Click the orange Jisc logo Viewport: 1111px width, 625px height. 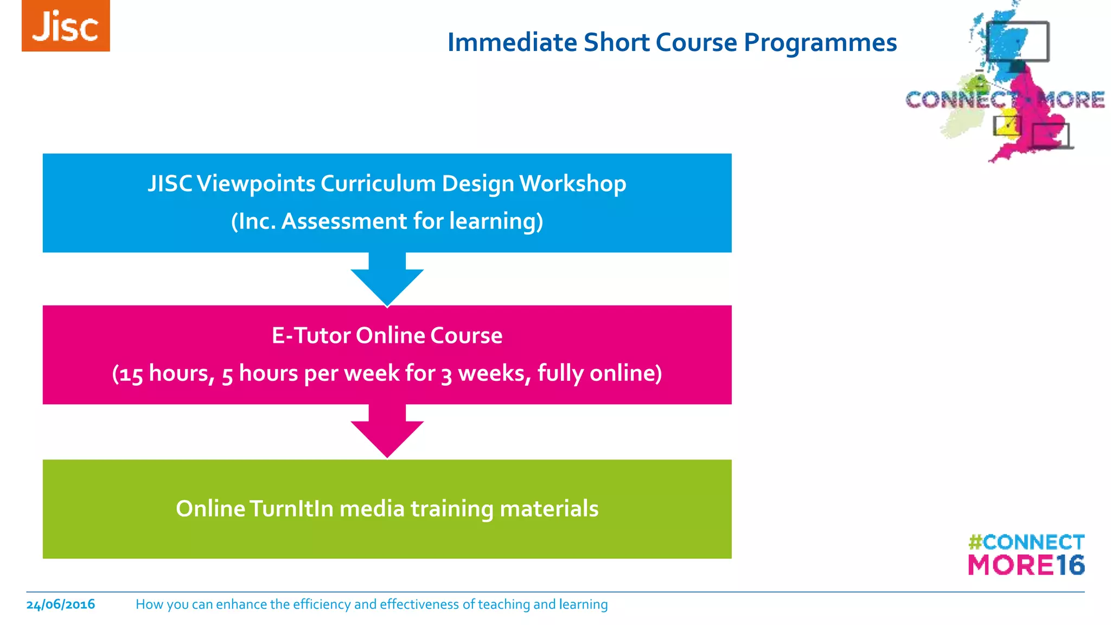pos(66,26)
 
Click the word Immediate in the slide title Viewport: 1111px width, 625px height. pos(512,43)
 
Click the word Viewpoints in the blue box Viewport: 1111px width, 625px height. pos(256,184)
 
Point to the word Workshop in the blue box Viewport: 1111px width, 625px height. pos(572,184)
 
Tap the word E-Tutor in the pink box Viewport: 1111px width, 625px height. pos(311,336)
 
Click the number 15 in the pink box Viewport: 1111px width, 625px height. pos(131,374)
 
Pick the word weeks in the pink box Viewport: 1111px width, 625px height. pos(491,373)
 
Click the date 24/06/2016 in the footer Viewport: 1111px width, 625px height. pos(61,604)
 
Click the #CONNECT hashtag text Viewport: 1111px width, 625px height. pos(1026,542)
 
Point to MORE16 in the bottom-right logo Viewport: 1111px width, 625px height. pos(1026,565)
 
